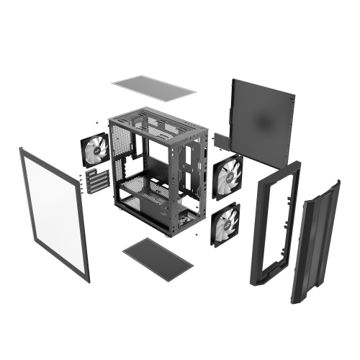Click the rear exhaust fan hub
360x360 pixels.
point(95,152)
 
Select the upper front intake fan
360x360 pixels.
point(228,175)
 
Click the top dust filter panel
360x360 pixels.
point(153,89)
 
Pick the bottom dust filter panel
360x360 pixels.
point(158,257)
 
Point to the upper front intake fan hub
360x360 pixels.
point(228,175)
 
